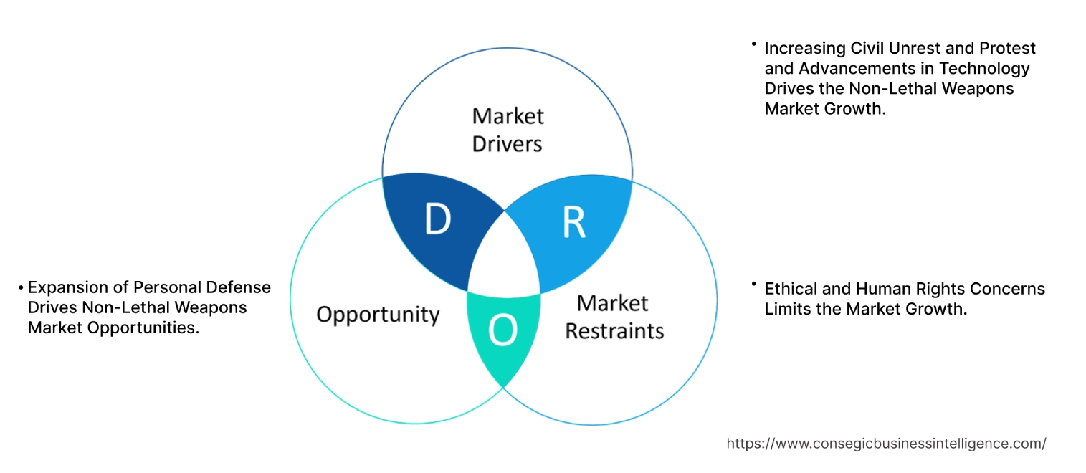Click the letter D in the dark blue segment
click(x=437, y=219)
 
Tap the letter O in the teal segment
click(x=502, y=330)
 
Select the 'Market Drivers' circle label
click(x=507, y=130)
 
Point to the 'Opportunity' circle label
click(x=378, y=314)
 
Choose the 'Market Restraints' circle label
click(x=614, y=317)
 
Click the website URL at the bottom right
click(x=886, y=444)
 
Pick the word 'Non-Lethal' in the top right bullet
click(x=904, y=88)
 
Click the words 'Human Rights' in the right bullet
click(x=898, y=289)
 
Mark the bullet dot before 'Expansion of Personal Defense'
click(x=22, y=288)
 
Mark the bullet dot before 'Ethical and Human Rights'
click(x=754, y=285)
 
